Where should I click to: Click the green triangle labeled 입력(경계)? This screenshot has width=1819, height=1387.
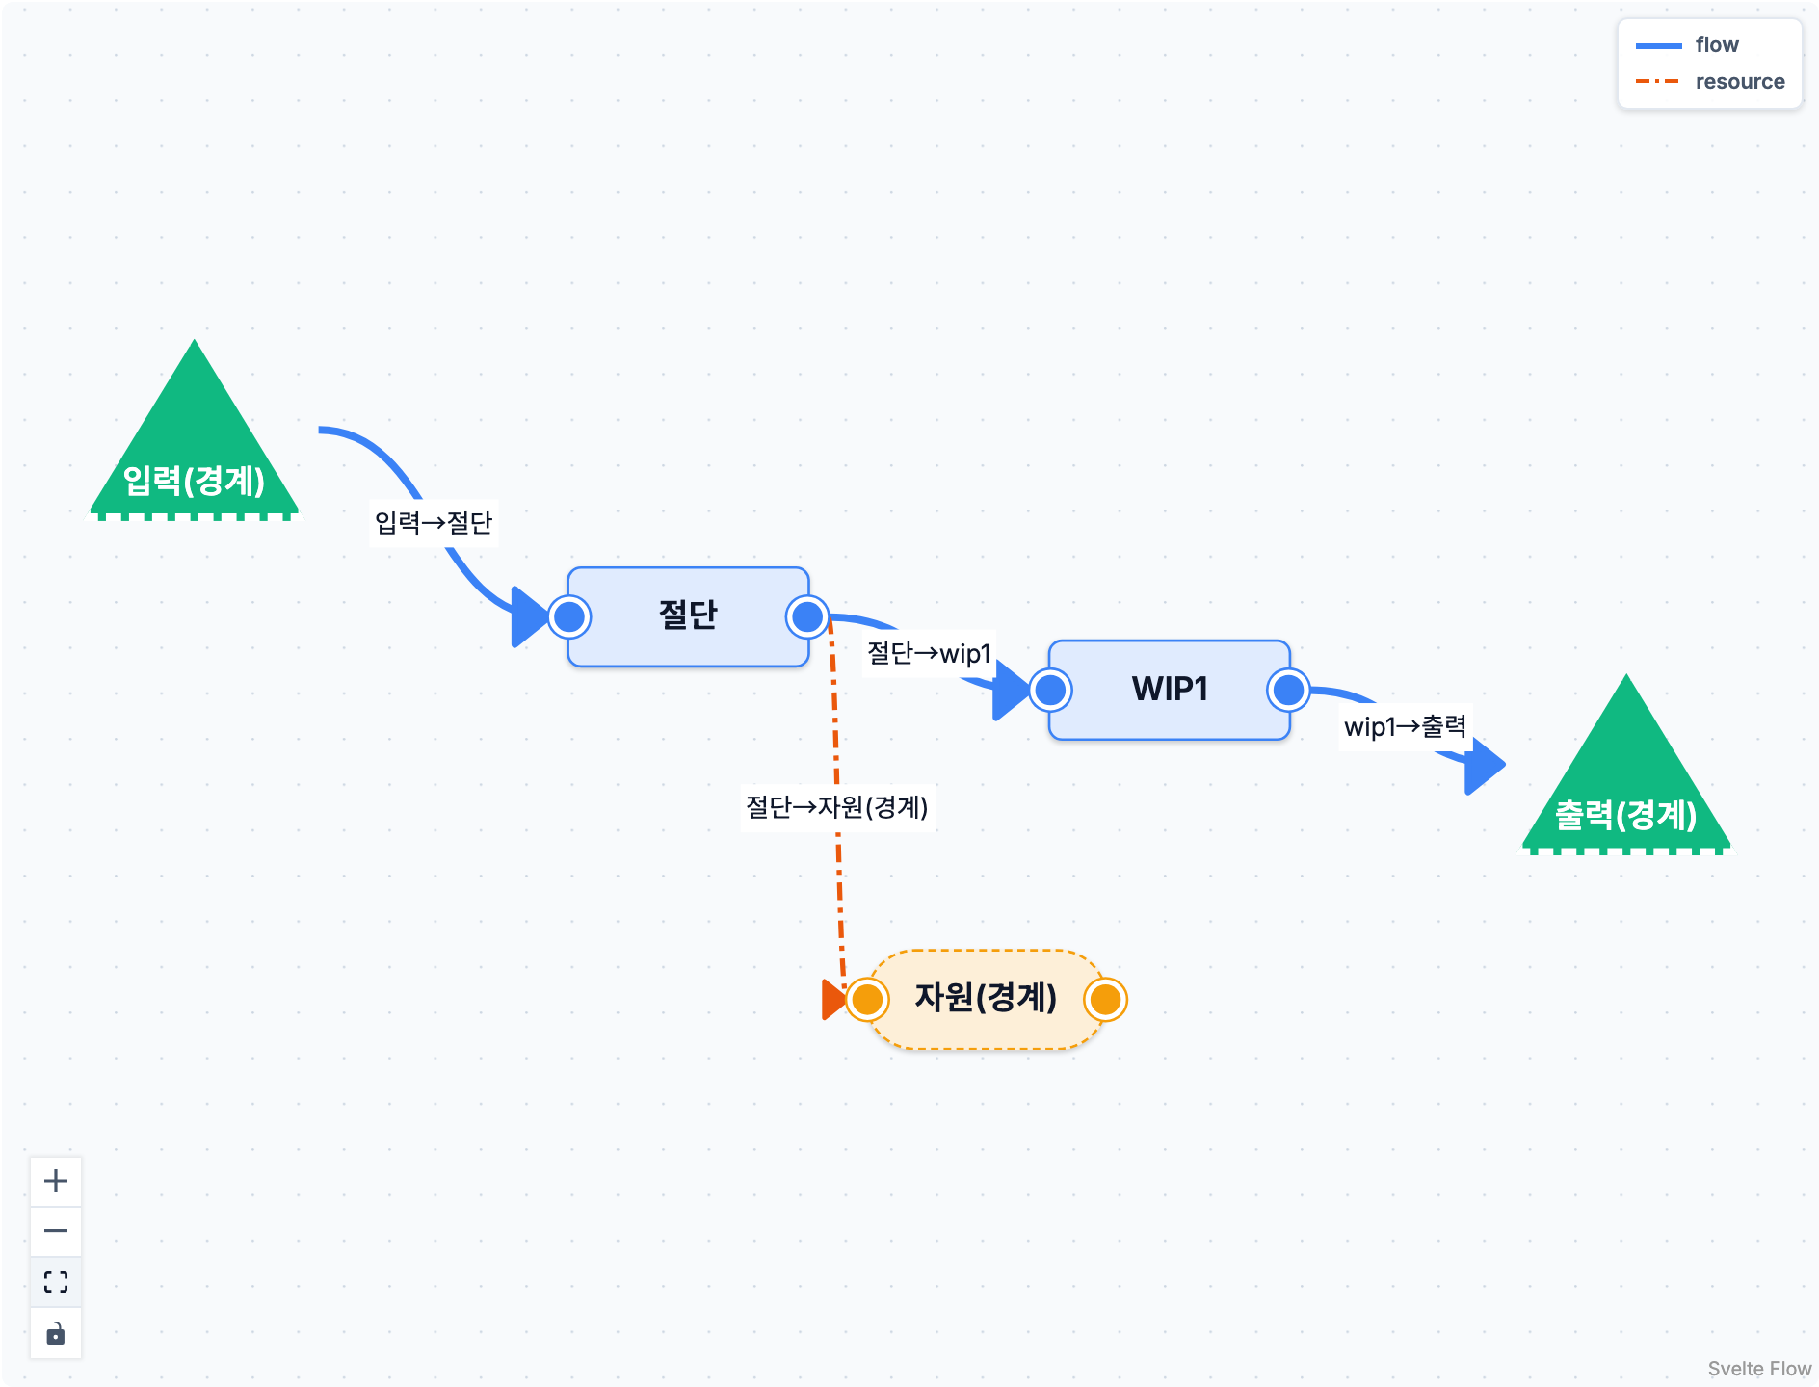pos(195,443)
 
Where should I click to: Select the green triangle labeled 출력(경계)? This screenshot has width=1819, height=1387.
pos(1626,778)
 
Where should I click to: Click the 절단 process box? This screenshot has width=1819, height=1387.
pos(688,616)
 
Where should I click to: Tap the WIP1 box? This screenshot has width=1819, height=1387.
pos(1170,690)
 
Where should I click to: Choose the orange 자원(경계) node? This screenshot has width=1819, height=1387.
pos(986,999)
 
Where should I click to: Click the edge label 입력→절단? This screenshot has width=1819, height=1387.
pos(434,523)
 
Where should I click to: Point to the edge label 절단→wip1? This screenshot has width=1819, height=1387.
pos(929,654)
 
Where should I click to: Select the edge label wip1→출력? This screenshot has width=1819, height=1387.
pos(1406,726)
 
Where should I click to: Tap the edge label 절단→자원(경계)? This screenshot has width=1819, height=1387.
pos(837,807)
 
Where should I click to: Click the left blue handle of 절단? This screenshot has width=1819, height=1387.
pos(569,616)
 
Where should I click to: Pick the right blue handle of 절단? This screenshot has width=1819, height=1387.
pos(807,616)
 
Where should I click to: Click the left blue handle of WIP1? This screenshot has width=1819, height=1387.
pos(1050,690)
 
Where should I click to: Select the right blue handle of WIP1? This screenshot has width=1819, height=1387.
pos(1289,690)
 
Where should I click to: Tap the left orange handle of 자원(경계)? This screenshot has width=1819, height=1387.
pos(867,999)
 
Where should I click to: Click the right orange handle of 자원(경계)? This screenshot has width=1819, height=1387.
pos(1105,999)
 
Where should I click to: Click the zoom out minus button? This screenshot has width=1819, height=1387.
pos(56,1231)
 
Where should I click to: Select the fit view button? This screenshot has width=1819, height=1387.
pos(56,1282)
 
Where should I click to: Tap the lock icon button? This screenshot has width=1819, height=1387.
pos(56,1333)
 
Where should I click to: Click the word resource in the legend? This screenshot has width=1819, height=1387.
pos(1740,82)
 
